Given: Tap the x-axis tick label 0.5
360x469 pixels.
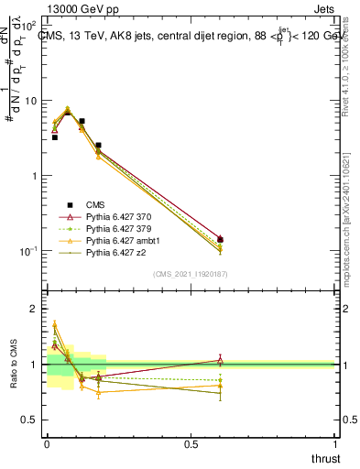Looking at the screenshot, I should pos(191,444).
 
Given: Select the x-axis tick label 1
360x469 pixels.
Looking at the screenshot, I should pos(335,444).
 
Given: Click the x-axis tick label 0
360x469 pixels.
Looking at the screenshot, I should pos(47,444).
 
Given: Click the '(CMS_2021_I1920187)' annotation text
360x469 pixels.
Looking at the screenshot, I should pos(191,274).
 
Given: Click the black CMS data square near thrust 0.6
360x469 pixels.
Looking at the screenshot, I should pos(220,240).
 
